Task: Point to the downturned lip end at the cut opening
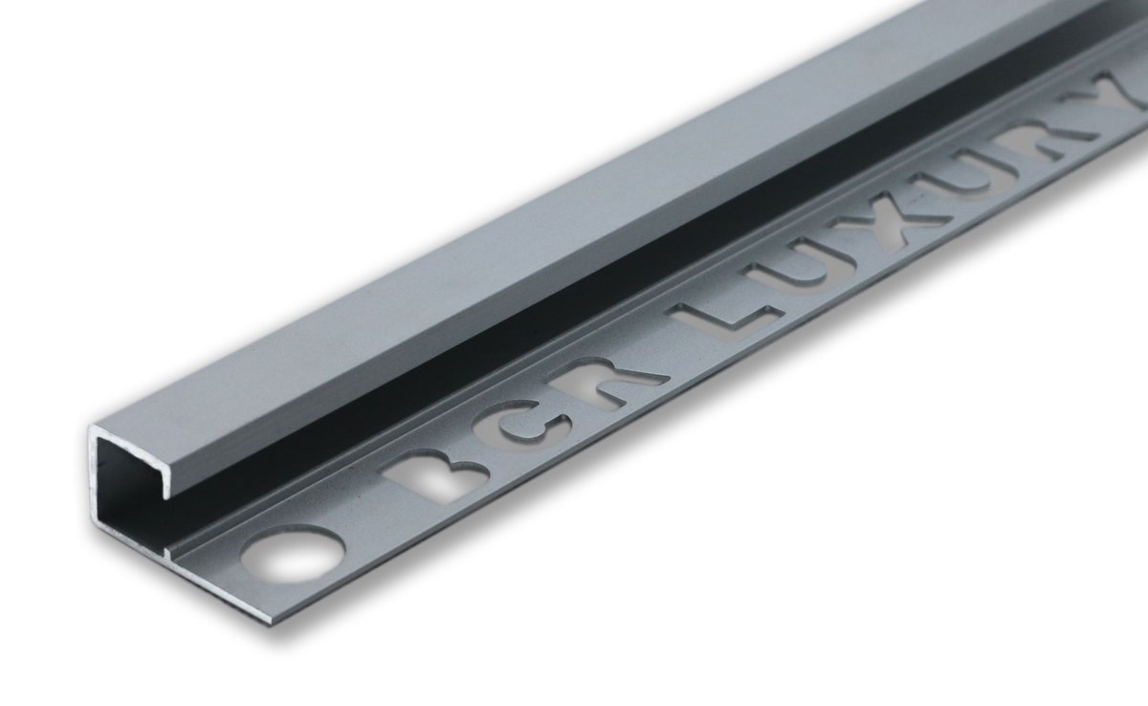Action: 173,488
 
